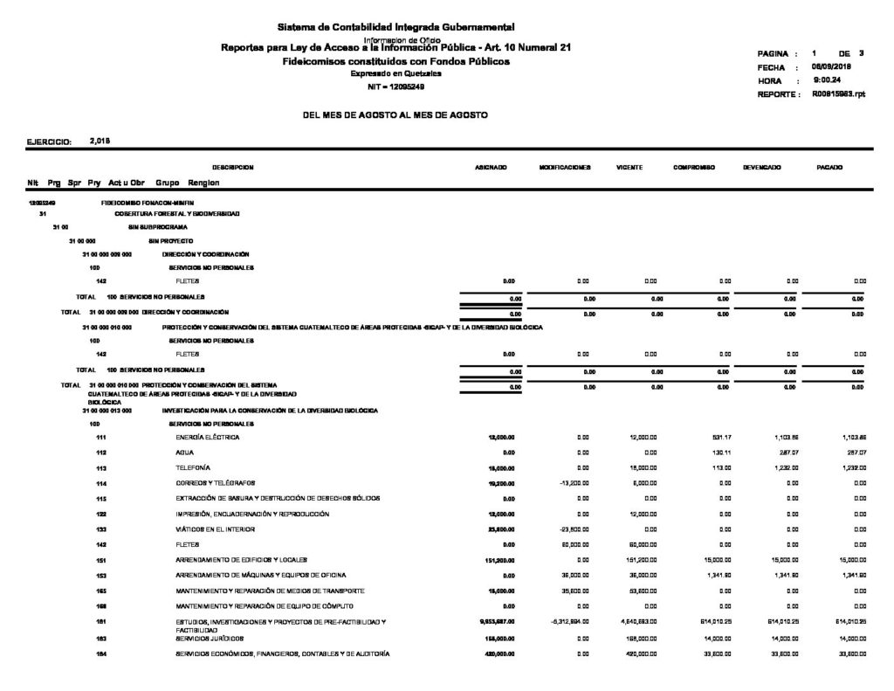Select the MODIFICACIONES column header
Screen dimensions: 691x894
pos(566,166)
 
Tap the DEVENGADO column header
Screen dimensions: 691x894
pos(761,166)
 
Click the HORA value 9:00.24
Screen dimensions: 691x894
pos(826,80)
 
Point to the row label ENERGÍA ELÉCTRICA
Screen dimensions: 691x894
pos(208,437)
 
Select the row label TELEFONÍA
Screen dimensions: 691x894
pos(194,468)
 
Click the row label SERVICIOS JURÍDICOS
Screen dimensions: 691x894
pos(209,639)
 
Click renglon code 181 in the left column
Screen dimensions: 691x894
pos(101,621)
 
